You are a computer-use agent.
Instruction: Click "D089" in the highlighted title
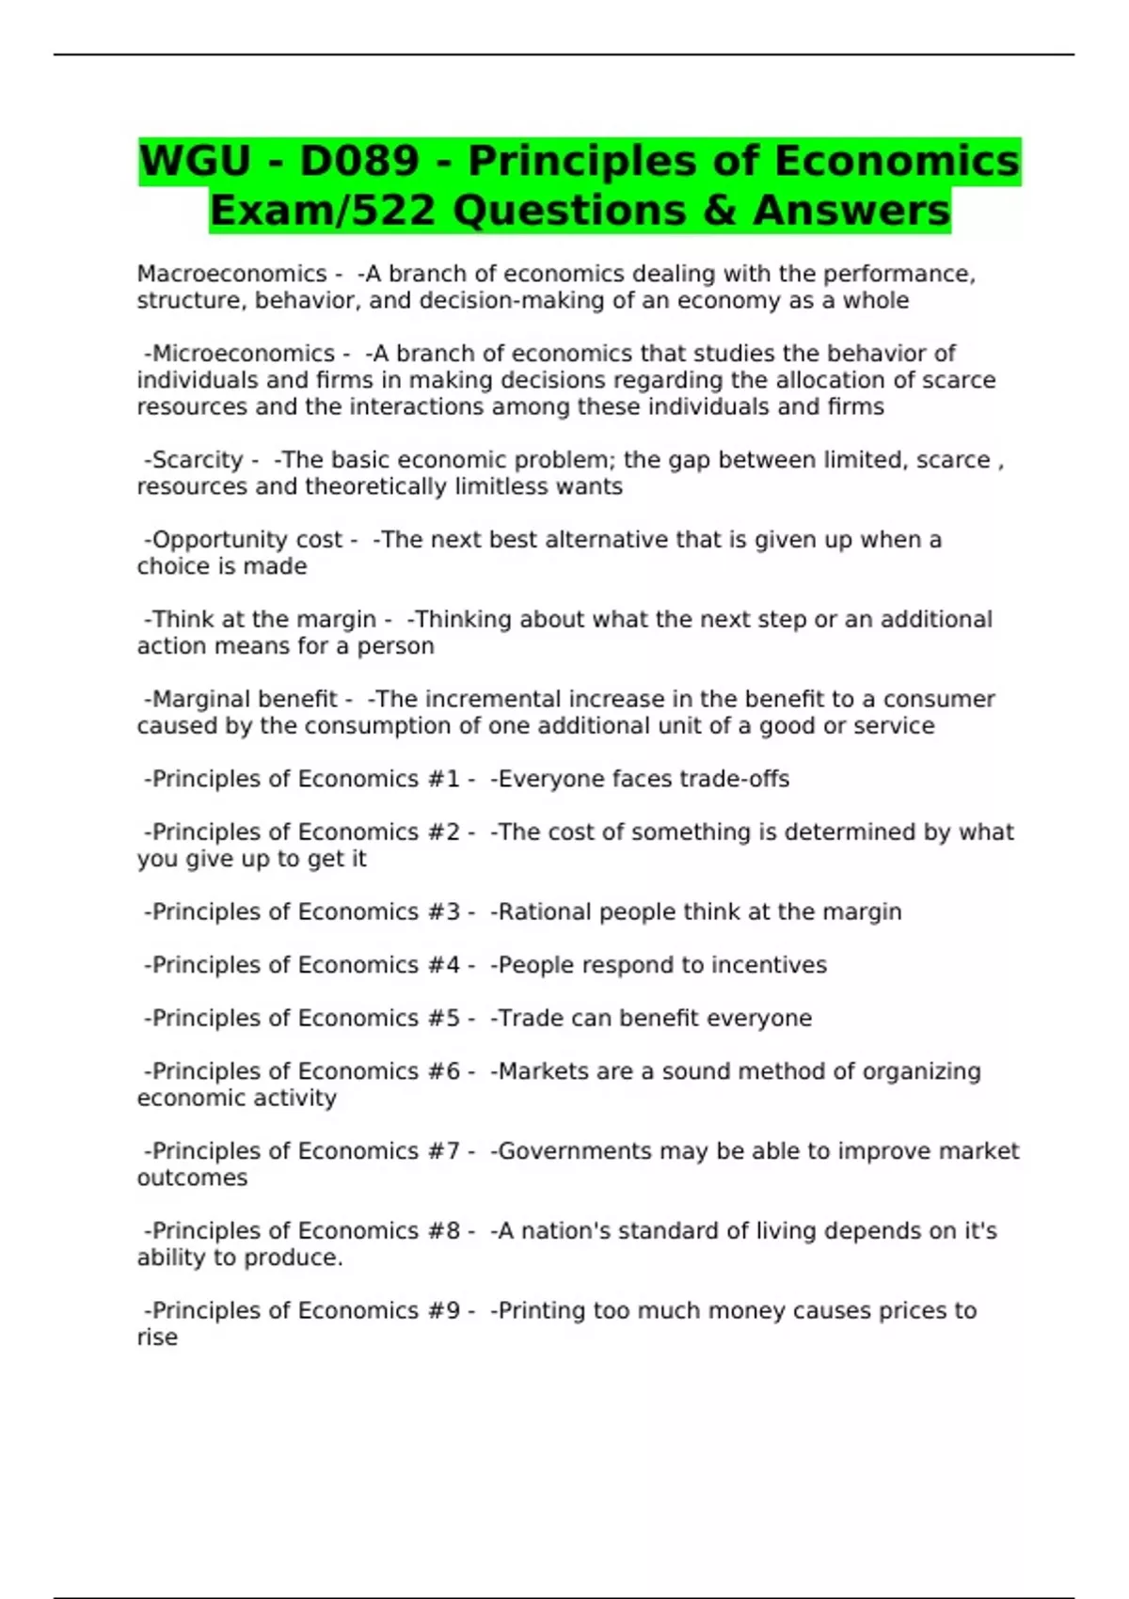pos(358,161)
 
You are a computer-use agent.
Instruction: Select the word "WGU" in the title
pos(196,161)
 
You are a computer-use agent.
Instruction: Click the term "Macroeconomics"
pos(231,274)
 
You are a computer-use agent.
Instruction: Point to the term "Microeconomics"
pos(243,354)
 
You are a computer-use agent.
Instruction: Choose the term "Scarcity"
pos(198,460)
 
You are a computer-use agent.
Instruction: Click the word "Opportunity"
pos(209,540)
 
